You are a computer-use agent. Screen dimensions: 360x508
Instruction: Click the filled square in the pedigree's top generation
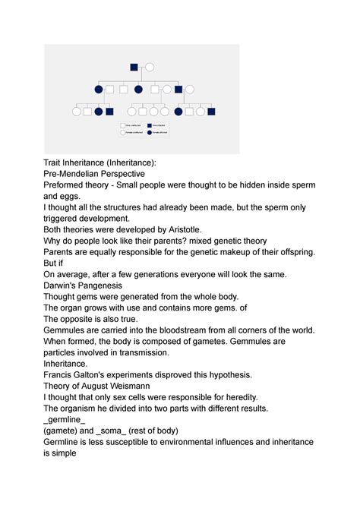(x=134, y=67)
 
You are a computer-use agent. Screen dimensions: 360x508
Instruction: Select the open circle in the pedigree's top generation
(x=150, y=67)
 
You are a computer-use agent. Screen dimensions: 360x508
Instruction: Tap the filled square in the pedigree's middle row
(x=178, y=90)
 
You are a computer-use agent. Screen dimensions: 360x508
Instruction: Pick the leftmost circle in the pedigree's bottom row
(x=77, y=112)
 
